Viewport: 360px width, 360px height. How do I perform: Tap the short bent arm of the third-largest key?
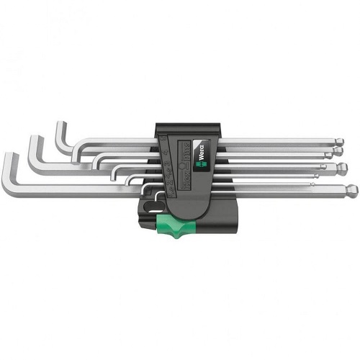point(60,136)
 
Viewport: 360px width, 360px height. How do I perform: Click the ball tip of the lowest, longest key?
point(351,192)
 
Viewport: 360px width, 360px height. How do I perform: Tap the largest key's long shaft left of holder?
point(72,190)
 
